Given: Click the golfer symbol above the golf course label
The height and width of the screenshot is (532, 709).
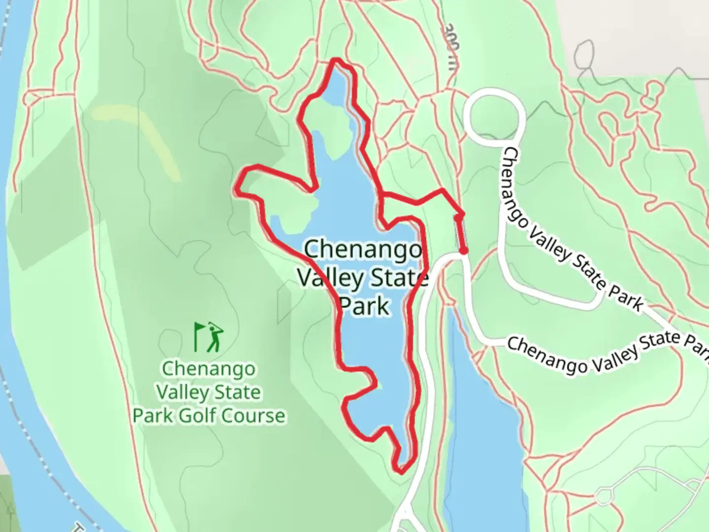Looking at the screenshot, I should (210, 337).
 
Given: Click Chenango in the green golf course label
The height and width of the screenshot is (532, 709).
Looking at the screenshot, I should (209, 368).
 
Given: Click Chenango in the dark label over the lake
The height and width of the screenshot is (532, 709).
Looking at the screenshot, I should (363, 249).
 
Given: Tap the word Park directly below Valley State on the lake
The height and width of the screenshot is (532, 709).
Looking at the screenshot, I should (365, 305).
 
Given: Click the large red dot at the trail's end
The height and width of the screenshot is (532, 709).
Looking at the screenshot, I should (463, 251).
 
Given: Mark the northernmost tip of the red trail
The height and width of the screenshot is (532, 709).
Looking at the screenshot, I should (336, 61).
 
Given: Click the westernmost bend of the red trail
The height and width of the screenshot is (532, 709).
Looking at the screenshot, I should (237, 190).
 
